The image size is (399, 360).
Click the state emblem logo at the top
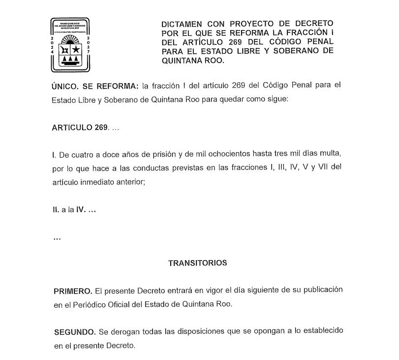pyautogui.click(x=72, y=44)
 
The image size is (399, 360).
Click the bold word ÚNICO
pyautogui.click(x=65, y=86)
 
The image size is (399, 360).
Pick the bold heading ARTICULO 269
pyautogui.click(x=79, y=127)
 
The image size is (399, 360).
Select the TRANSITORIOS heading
pyautogui.click(x=197, y=263)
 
